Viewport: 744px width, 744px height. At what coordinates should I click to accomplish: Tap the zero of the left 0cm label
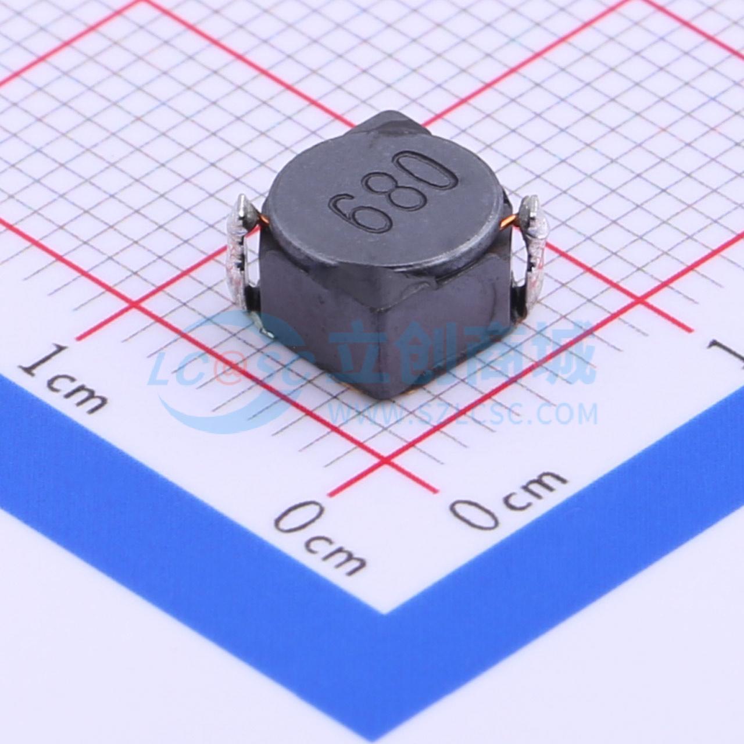click(x=301, y=519)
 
